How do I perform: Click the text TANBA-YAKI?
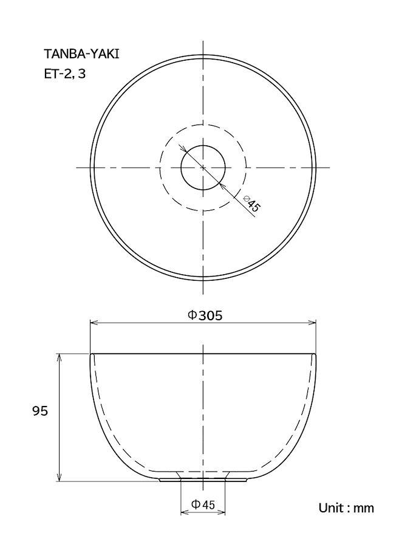pyautogui.click(x=81, y=54)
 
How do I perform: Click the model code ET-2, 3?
pyautogui.click(x=64, y=74)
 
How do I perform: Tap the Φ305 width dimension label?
pyautogui.click(x=205, y=315)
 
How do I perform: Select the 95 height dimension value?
pyautogui.click(x=39, y=411)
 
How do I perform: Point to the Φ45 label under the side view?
pyautogui.click(x=203, y=504)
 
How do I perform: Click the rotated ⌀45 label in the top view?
pyautogui.click(x=252, y=204)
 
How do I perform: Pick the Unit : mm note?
pyautogui.click(x=346, y=508)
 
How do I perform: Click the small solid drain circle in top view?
pyautogui.click(x=203, y=145)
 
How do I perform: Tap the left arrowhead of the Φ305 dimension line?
pyautogui.click(x=94, y=323)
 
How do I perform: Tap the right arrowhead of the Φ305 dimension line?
pyautogui.click(x=312, y=323)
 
